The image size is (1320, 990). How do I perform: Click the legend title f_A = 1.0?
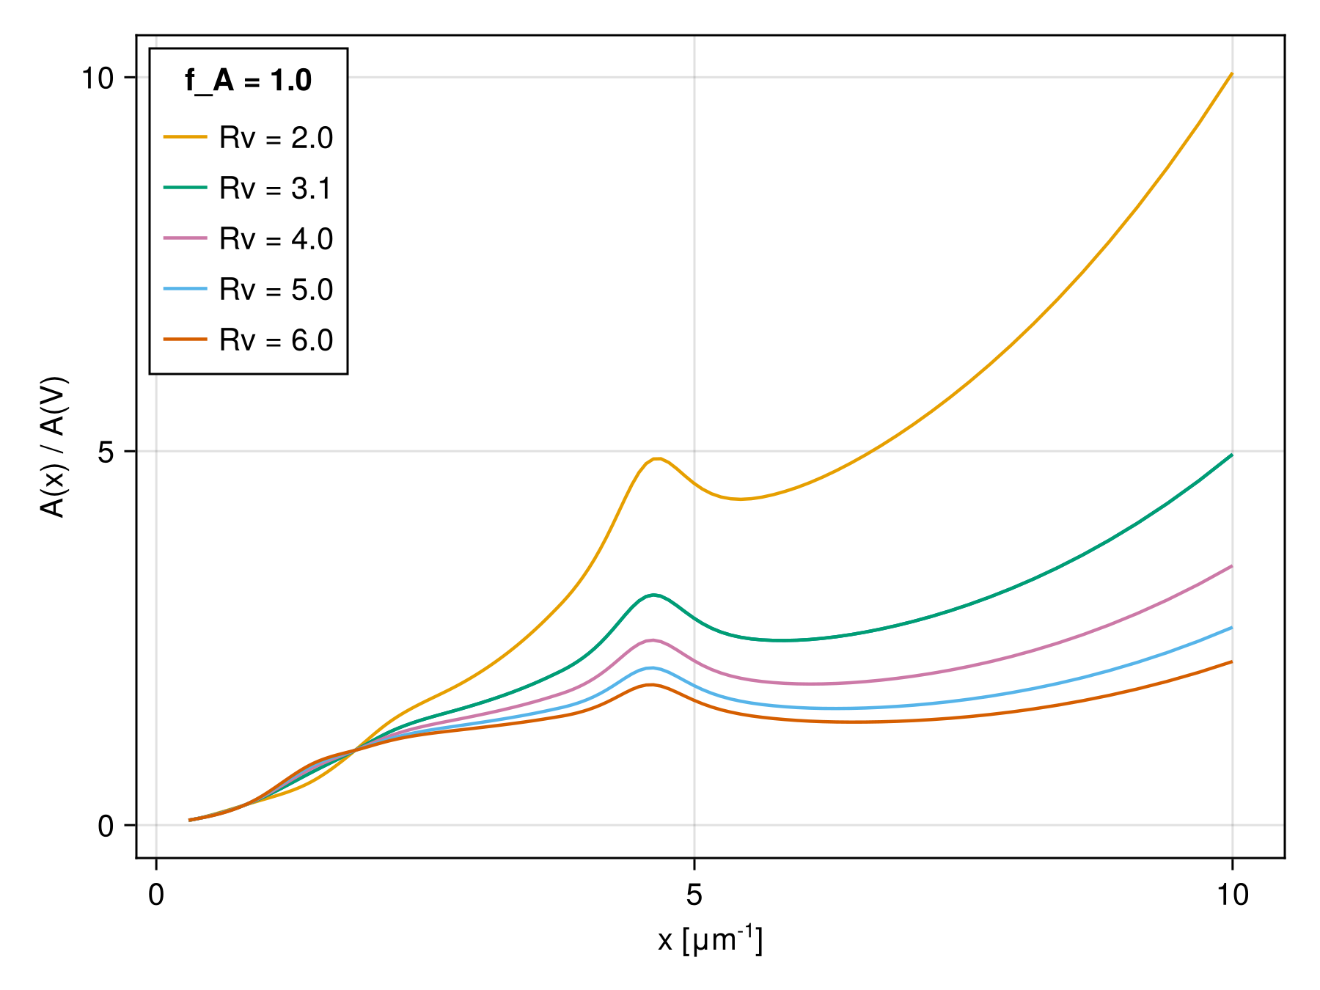[248, 81]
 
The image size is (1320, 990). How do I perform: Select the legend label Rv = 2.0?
[276, 138]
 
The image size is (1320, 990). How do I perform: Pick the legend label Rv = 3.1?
[276, 188]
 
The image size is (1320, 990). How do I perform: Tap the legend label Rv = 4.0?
[276, 239]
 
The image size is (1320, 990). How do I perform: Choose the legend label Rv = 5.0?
[276, 290]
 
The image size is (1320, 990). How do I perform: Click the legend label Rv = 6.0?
[276, 340]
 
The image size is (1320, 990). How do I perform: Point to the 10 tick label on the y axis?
[98, 78]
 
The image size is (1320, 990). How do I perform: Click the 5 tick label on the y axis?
[106, 452]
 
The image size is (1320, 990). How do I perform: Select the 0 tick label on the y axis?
[106, 826]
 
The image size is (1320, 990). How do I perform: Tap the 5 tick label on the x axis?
[694, 895]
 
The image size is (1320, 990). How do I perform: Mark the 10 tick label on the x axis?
[1232, 895]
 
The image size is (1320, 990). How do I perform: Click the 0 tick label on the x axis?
[156, 895]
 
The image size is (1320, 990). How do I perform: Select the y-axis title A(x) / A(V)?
[54, 447]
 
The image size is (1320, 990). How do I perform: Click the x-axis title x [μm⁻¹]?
[710, 940]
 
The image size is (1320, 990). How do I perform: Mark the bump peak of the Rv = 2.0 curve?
[659, 459]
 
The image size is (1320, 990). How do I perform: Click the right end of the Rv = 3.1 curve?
[1231, 455]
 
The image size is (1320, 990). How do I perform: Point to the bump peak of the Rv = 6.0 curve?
[650, 685]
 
